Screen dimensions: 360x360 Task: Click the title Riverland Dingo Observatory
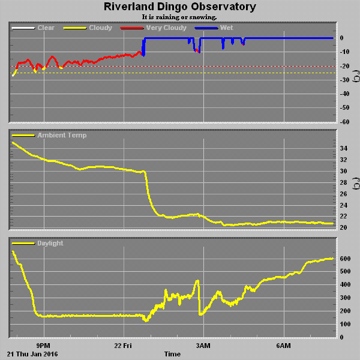[x=179, y=7]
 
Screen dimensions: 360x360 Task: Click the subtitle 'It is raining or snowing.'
[x=179, y=17]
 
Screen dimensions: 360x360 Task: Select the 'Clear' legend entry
[x=46, y=28]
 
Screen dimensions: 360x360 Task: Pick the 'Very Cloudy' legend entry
[x=166, y=28]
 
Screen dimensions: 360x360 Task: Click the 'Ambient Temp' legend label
[x=62, y=136]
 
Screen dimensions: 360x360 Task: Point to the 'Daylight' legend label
[x=50, y=244]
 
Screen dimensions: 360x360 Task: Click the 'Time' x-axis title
[x=172, y=355]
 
